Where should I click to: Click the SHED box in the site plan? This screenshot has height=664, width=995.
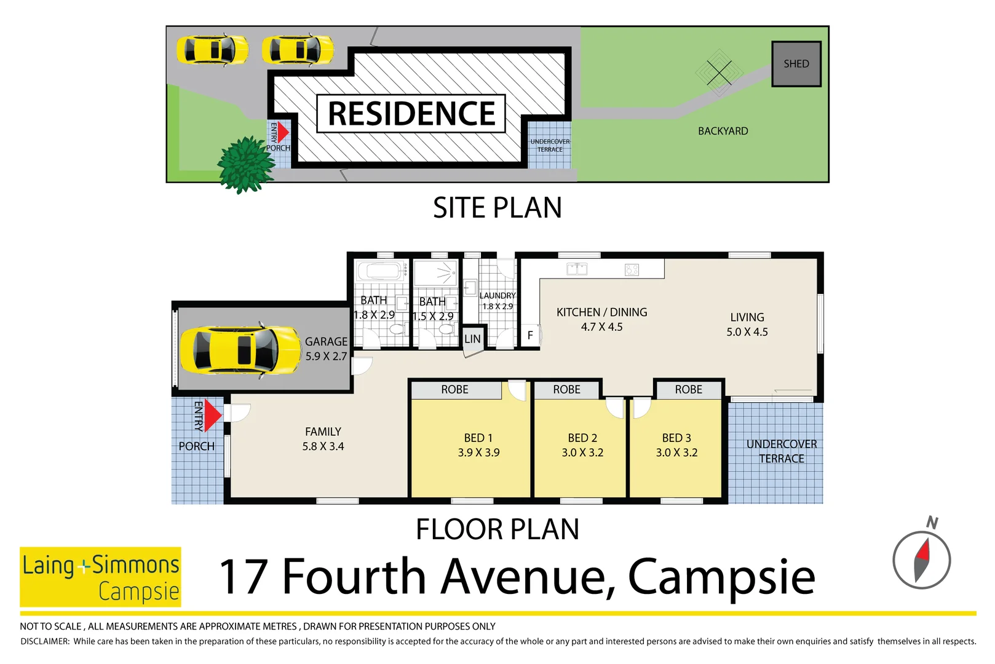796,64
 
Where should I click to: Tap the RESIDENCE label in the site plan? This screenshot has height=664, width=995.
411,113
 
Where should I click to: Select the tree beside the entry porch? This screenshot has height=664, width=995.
245,165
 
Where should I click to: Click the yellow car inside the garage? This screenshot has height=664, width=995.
240,350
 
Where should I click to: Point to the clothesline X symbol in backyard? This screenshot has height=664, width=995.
719,73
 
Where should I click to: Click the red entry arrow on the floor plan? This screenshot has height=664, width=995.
213,415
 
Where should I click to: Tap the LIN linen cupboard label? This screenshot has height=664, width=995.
473,339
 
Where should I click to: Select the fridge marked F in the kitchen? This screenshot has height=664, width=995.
530,335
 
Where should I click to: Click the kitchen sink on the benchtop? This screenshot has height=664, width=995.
577,269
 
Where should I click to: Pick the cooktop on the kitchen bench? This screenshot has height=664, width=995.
632,269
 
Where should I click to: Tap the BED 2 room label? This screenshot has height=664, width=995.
582,438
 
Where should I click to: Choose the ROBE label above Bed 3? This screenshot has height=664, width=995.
689,390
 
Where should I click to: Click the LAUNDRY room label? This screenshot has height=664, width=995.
497,295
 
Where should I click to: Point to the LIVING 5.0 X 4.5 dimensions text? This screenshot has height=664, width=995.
747,332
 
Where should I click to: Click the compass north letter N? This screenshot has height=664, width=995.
932,523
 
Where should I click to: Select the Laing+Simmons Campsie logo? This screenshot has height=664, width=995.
100,577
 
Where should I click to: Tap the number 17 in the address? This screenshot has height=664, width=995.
244,577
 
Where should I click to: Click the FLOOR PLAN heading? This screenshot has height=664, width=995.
497,529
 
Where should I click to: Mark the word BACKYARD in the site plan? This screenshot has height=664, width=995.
723,131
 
